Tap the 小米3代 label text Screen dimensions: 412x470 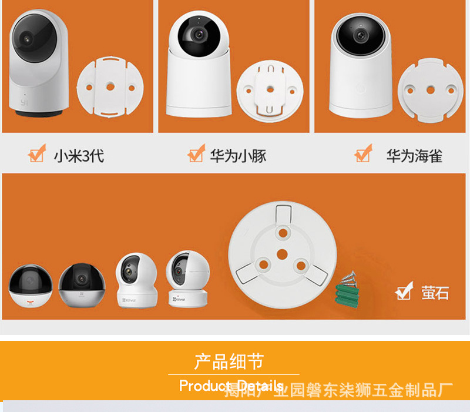(x=79, y=156)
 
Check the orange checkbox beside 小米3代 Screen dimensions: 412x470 (x=36, y=155)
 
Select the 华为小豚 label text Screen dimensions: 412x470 (x=238, y=156)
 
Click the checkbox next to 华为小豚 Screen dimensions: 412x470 (x=196, y=155)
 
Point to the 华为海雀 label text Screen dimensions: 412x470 (x=414, y=156)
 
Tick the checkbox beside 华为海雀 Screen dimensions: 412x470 (x=362, y=155)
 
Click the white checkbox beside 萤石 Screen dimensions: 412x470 (x=404, y=292)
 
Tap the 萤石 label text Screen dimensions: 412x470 (x=435, y=292)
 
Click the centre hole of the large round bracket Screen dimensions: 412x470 (x=281, y=253)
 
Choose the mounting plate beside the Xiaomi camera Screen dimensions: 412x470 (x=109, y=87)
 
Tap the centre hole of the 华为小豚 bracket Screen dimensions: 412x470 (x=270, y=89)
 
